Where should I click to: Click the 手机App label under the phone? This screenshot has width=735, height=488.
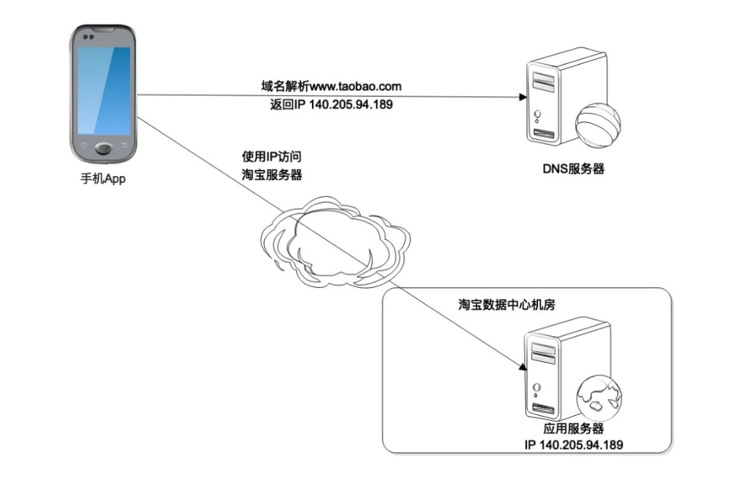pos(103,180)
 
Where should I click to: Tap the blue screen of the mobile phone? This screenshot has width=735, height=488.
pos(103,90)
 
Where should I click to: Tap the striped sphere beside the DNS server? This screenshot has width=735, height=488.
pos(597,125)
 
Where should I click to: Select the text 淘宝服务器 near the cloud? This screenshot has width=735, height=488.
pos(272,175)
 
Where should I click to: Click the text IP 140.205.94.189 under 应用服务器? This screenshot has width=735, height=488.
pos(573,444)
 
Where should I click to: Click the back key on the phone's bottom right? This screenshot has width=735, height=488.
pos(125,145)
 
